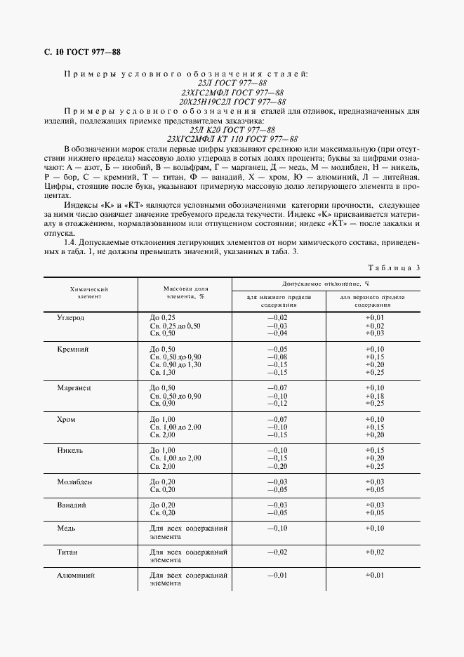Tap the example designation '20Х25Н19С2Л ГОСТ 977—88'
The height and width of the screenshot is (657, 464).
tap(232, 102)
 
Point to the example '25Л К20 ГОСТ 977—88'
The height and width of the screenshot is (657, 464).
tap(232, 129)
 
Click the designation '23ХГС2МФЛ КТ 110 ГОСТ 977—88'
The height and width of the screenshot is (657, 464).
tap(232, 138)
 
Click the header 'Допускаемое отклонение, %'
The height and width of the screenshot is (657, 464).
tap(326, 284)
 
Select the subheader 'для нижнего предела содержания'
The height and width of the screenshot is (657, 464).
tap(279, 301)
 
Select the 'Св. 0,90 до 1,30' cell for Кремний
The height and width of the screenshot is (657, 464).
tap(175, 364)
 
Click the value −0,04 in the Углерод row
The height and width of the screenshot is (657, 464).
tap(279, 333)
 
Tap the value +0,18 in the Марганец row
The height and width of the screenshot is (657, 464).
tap(376, 396)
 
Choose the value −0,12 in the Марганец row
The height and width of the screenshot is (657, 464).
tap(279, 404)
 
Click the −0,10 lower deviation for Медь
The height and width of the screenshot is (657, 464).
tap(279, 528)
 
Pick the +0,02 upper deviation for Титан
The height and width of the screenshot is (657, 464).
tap(376, 552)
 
